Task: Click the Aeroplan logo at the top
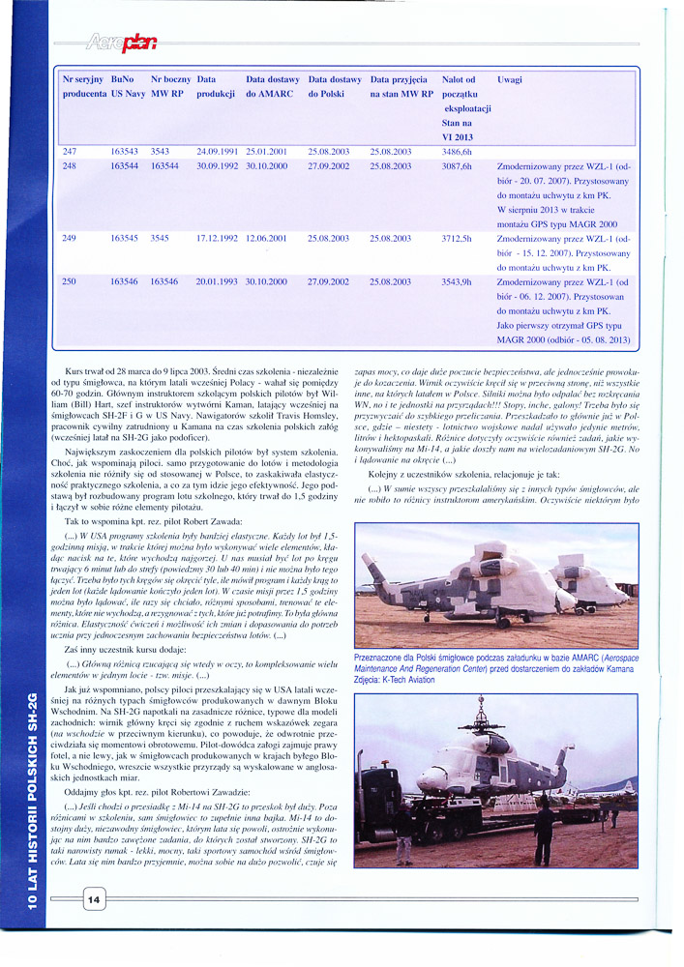pyautogui.click(x=121, y=41)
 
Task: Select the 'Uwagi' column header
pyautogui.click(x=509, y=80)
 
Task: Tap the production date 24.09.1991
pyautogui.click(x=217, y=153)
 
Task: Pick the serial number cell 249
pyautogui.click(x=69, y=238)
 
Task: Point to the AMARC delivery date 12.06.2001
pyautogui.click(x=267, y=238)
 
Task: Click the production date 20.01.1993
pyautogui.click(x=217, y=281)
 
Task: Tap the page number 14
pyautogui.click(x=94, y=899)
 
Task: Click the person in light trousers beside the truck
pyautogui.click(x=403, y=836)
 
